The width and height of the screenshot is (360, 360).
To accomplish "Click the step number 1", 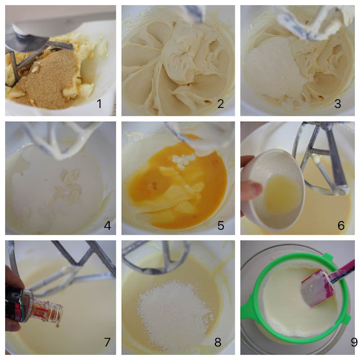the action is point(99,103).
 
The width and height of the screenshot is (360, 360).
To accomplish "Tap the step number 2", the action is point(220,103).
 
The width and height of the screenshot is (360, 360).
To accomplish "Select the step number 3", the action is point(337,103).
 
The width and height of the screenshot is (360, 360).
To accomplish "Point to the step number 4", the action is point(107,225).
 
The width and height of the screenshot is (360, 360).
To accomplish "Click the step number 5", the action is point(220,226).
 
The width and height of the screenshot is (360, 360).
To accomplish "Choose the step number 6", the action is point(341,226).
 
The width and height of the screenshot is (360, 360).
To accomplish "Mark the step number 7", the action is point(107,342).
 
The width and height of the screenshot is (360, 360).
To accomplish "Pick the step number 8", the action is point(218,342).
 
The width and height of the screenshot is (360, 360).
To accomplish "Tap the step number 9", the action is point(354,342).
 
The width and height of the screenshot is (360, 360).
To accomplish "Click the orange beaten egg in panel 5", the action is point(174,184).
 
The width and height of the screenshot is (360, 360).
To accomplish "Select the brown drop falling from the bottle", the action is point(57,326).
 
